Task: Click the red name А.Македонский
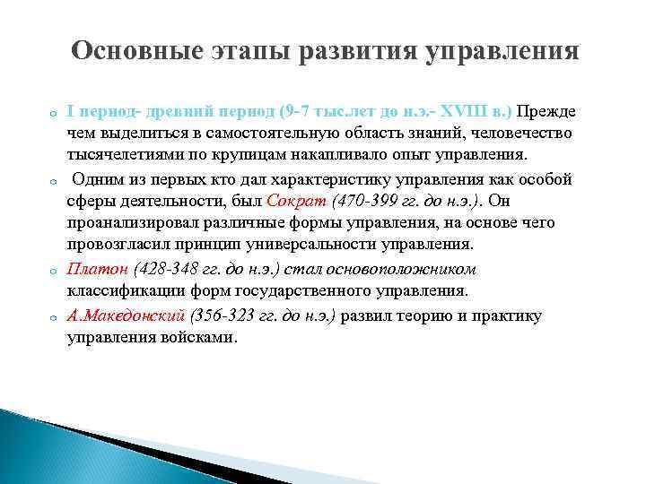126,315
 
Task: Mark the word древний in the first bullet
168,111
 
